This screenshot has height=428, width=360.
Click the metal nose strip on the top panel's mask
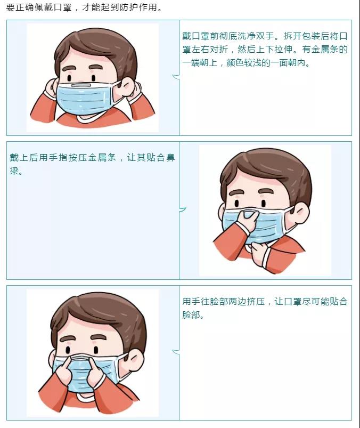coord(81,85)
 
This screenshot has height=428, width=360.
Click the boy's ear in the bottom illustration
coord(134,359)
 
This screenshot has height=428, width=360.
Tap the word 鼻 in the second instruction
coord(170,157)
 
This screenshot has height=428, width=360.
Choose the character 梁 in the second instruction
coord(14,171)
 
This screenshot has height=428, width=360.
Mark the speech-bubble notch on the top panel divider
coord(176,77)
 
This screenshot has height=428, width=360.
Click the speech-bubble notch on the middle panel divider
coord(183,209)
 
